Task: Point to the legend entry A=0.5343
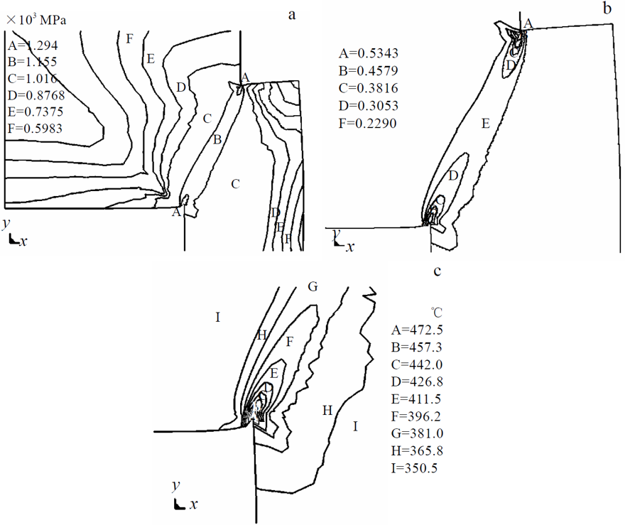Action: (367, 53)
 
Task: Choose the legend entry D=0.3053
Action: (367, 106)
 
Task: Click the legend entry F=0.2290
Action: (367, 123)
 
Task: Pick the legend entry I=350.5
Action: (418, 468)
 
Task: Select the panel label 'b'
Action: (607, 9)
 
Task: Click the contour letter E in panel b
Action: (485, 124)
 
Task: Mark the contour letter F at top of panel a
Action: (129, 38)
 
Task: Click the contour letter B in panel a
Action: (217, 140)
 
